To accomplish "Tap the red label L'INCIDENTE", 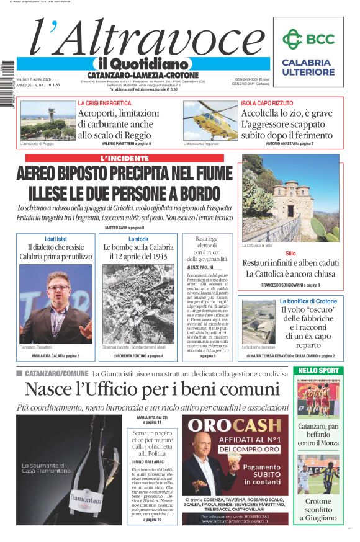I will click(128, 158).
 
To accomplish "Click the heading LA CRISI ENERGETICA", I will click(104, 103).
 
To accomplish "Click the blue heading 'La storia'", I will click(138, 239).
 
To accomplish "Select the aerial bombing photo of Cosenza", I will click(138, 304).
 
